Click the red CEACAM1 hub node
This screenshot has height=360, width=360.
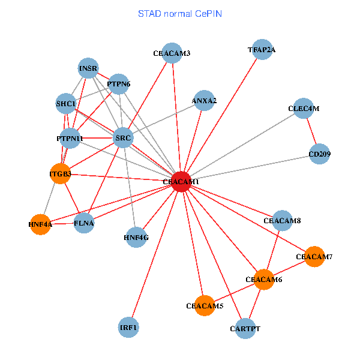point(181,181)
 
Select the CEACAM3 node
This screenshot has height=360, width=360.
point(172,53)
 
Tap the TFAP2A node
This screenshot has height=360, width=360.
point(262,50)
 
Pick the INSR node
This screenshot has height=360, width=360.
point(88,68)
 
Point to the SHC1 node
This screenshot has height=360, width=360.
point(66,103)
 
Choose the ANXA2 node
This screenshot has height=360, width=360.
point(204,101)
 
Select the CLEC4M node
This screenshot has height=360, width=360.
point(304,109)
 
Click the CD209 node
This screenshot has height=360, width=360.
point(320,154)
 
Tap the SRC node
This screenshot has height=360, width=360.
point(123,138)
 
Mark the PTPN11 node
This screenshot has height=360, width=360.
point(70,139)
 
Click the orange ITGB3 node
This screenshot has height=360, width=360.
point(60,174)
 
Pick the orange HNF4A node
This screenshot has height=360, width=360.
point(40,224)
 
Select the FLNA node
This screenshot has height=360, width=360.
point(84,224)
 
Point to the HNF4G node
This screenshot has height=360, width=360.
point(136,237)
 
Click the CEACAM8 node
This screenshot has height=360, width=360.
point(282,221)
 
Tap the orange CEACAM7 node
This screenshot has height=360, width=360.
point(314,257)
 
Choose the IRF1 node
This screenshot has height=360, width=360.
point(128,328)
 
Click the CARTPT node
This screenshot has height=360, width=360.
point(245,329)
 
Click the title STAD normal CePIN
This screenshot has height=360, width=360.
point(180,13)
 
